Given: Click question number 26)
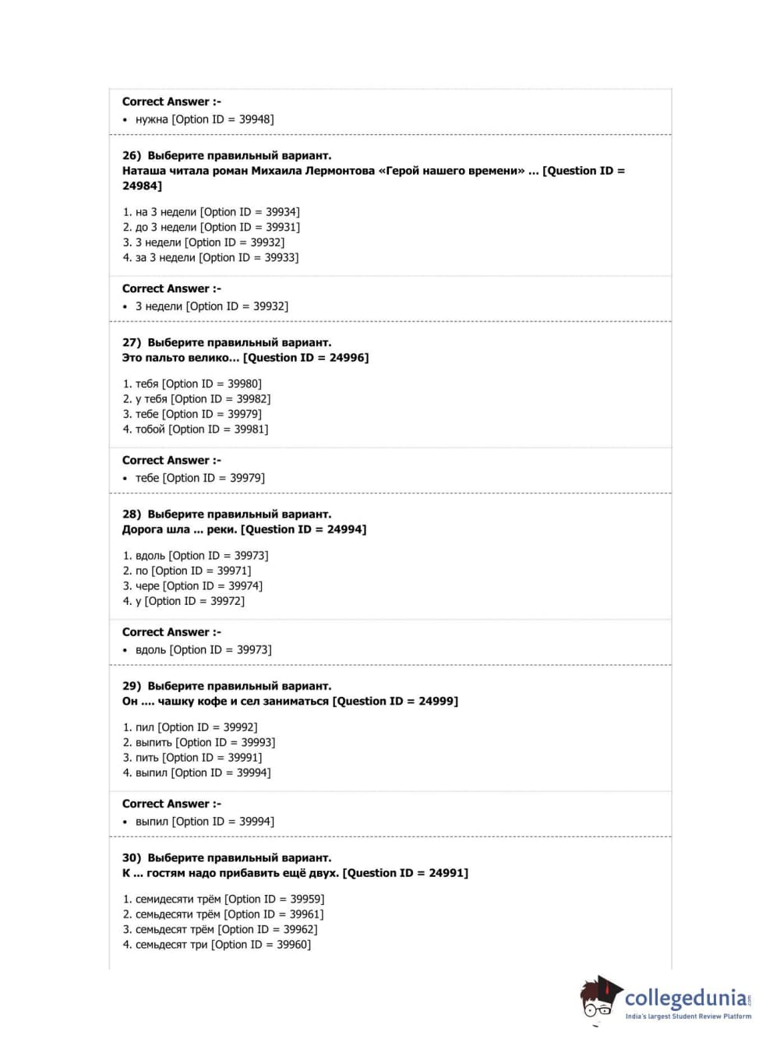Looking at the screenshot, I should (x=132, y=156).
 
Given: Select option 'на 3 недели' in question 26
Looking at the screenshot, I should (x=210, y=212).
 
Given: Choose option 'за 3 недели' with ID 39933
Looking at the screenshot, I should (x=210, y=258).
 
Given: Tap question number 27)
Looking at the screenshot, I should (x=132, y=343).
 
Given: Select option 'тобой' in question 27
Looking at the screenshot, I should (x=195, y=430).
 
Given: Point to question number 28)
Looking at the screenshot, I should (x=132, y=514).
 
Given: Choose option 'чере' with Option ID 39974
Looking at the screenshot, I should (x=192, y=586).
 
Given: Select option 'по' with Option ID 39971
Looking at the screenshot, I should (x=187, y=571).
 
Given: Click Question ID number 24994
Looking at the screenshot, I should (x=345, y=530).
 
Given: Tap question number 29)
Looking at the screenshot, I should (x=132, y=687).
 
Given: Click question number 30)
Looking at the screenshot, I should (x=132, y=858).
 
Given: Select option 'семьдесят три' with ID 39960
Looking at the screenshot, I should (x=217, y=945).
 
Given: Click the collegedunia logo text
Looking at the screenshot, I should (x=685, y=998).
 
